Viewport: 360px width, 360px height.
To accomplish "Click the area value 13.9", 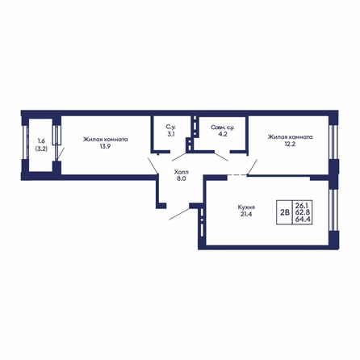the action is tap(105, 147).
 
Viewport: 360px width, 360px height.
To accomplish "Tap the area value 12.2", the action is tap(290, 144).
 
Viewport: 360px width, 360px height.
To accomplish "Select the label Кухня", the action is tap(246, 207).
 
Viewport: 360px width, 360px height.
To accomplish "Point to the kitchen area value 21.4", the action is tap(246, 214).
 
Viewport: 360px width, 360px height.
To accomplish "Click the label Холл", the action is tap(182, 172).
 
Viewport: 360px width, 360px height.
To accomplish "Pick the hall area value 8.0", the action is tap(182, 178).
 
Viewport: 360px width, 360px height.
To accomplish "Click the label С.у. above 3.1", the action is tap(171, 127).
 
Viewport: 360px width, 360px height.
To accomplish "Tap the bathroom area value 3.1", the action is tap(171, 134).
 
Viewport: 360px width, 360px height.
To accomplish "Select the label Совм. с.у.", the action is tap(223, 127).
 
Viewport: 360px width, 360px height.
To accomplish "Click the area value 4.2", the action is tap(223, 134).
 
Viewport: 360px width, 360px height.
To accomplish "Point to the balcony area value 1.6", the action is tap(41, 141).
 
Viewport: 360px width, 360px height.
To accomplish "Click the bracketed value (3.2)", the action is tap(41, 149).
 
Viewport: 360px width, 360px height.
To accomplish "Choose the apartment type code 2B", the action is tap(285, 212).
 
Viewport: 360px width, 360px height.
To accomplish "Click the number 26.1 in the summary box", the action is tap(303, 205).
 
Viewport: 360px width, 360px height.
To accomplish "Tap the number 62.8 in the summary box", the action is tap(303, 212).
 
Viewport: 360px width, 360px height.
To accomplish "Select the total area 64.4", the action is tap(303, 220).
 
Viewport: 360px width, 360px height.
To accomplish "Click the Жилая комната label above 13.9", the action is tap(105, 140).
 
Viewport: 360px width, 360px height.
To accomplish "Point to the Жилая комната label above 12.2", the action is tap(290, 137).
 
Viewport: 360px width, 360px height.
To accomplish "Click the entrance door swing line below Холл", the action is tap(179, 214).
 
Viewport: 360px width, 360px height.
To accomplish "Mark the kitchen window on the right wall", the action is tap(333, 210).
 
